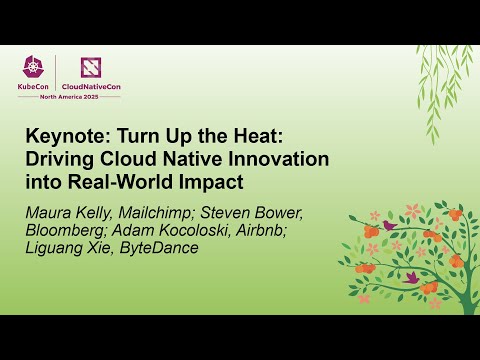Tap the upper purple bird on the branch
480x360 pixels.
click(x=389, y=226)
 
